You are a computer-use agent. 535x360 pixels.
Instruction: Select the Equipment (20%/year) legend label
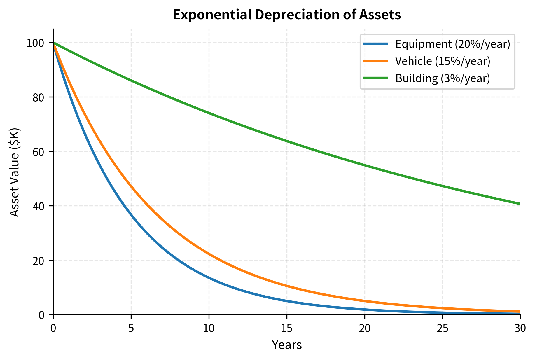tap(452, 44)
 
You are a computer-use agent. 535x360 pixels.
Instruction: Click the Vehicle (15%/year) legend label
tap(443, 61)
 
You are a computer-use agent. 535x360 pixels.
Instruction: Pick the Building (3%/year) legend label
tap(442, 78)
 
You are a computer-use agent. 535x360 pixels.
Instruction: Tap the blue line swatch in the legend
tap(376, 44)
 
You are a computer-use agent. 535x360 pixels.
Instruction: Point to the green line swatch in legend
tap(376, 78)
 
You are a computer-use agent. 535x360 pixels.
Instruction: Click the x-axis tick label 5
tap(131, 329)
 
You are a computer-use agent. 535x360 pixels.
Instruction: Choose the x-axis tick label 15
tap(287, 329)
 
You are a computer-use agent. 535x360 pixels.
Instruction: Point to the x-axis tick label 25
tap(443, 329)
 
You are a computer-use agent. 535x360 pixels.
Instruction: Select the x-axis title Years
tap(286, 345)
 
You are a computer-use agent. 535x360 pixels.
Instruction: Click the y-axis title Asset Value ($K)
tap(14, 172)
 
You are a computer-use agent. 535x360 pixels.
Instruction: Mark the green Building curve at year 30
tap(520, 204)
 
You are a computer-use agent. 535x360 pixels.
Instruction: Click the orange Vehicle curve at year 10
tap(209, 254)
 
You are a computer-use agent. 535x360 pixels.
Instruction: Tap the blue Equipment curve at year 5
tap(131, 215)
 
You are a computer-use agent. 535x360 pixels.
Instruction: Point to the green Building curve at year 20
tap(365, 165)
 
